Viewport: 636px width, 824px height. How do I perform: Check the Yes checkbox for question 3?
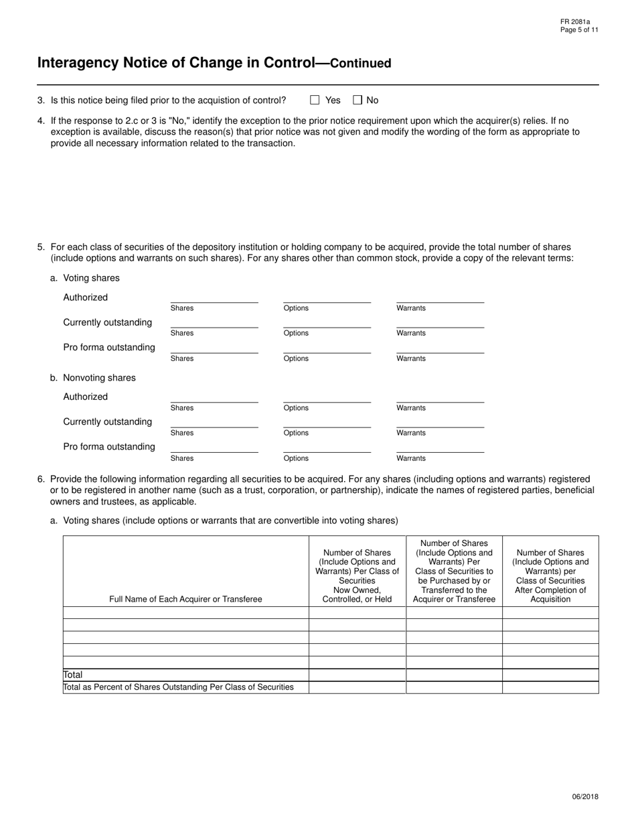(315, 100)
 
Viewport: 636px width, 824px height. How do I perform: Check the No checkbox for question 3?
(357, 100)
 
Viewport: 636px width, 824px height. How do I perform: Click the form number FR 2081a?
(575, 22)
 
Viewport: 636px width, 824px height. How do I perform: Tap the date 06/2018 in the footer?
(585, 797)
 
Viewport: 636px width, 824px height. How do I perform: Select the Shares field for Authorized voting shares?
(214, 297)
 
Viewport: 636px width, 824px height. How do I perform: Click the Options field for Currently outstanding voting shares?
(327, 322)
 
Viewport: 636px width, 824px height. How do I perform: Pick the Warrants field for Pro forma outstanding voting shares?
(440, 347)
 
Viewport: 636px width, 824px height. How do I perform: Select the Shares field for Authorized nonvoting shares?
(214, 397)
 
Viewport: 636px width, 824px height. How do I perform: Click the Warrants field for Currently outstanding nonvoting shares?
(440, 421)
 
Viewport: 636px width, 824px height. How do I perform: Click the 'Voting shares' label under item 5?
(91, 278)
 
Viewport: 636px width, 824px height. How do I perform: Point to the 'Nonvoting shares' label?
(99, 378)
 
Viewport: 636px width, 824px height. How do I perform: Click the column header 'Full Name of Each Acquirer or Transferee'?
(185, 599)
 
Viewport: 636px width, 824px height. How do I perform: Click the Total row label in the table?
(73, 675)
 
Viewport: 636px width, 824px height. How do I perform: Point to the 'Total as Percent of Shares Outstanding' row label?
(178, 687)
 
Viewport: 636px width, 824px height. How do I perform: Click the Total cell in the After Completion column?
(550, 675)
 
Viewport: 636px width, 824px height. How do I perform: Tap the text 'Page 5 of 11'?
(579, 30)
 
